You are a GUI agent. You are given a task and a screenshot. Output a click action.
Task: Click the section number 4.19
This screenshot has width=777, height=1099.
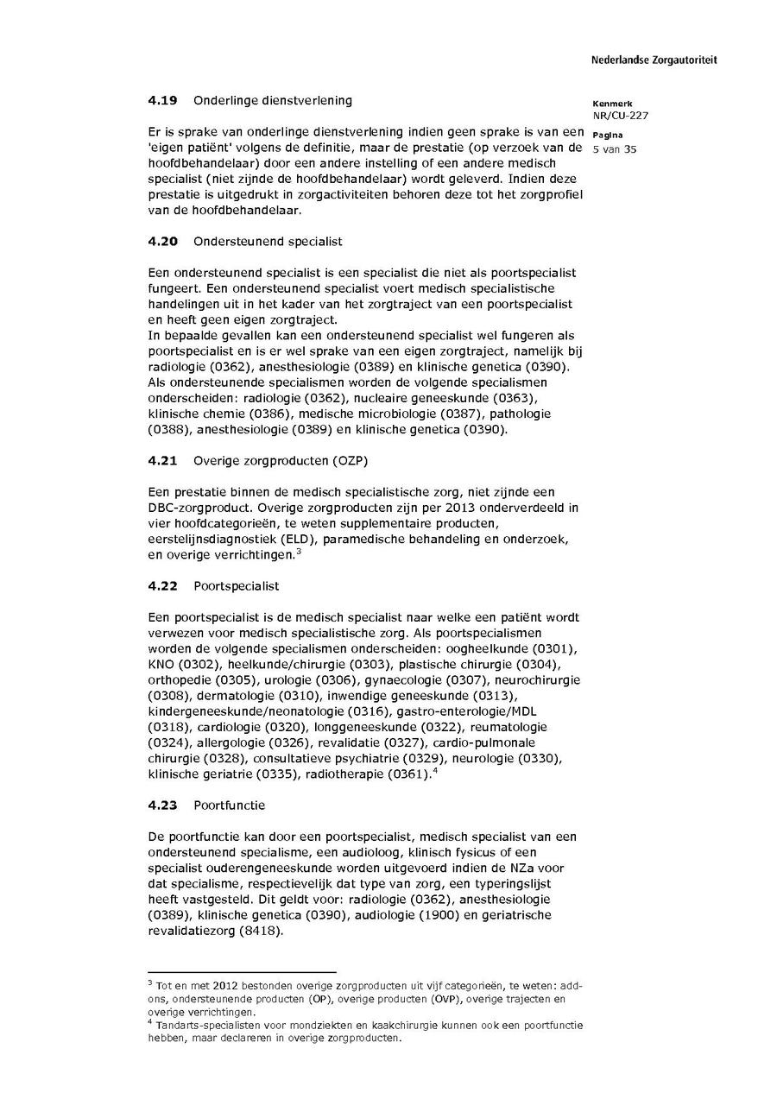tap(162, 100)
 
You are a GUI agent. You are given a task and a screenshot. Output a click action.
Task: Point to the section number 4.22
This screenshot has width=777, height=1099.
tap(162, 585)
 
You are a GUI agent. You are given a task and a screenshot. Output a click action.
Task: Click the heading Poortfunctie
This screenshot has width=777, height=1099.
tap(229, 805)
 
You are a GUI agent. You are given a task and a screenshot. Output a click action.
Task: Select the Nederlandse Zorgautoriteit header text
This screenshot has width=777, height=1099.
tap(654, 60)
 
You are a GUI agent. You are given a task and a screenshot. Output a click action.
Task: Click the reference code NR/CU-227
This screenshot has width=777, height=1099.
tap(620, 115)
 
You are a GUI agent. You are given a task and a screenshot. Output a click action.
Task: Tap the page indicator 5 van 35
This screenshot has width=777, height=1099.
tap(614, 148)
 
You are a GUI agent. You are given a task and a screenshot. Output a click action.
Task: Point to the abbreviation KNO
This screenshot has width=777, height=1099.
tap(161, 663)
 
